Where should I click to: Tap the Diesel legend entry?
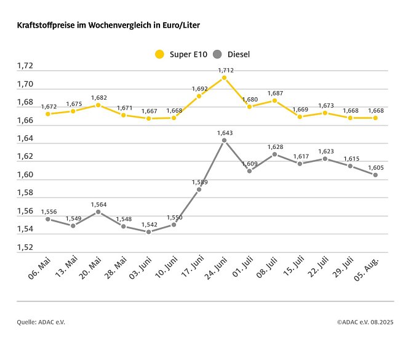pos(232,54)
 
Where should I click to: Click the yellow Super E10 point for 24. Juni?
pos(224,78)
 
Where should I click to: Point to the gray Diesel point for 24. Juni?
pos(224,140)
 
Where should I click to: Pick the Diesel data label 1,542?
pos(148,224)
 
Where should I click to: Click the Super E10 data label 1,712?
pos(224,70)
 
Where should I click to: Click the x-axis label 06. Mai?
pos(39,270)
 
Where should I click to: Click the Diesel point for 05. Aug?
pos(375,175)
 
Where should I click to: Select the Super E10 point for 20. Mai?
pos(98,105)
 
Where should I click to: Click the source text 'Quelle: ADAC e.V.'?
pos(41,322)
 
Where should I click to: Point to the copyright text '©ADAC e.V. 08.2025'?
pos(365,322)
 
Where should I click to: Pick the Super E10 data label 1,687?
pos(274,93)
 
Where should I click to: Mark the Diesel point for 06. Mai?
pos(48,219)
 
